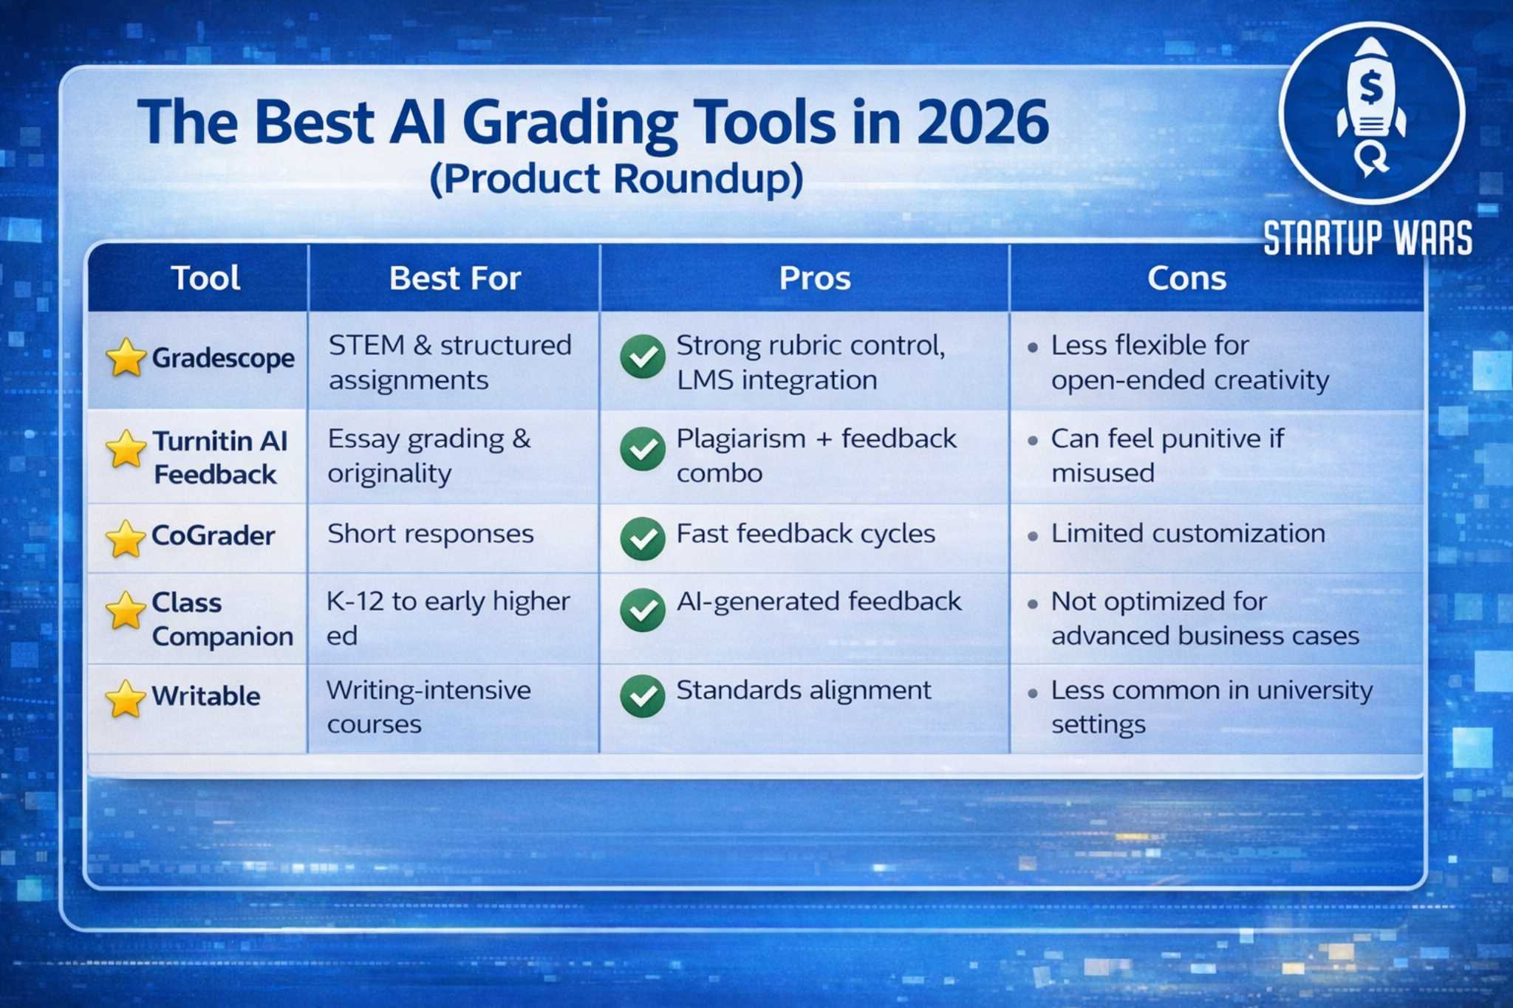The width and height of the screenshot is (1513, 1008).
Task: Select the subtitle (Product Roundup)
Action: (616, 179)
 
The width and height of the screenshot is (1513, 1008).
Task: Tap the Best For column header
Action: (455, 278)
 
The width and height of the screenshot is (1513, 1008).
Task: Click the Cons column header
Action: (1186, 278)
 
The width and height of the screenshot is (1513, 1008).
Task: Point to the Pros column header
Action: (815, 278)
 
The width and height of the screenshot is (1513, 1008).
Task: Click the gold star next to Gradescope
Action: (126, 358)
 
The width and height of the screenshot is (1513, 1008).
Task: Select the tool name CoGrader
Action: (213, 535)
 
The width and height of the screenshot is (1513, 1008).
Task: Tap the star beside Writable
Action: (126, 698)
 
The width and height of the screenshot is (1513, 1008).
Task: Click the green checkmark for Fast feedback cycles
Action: (643, 538)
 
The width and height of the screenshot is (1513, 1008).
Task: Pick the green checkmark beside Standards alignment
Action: (643, 696)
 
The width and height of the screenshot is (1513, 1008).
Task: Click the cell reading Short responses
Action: (430, 534)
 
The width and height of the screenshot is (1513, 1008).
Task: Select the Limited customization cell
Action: (1188, 534)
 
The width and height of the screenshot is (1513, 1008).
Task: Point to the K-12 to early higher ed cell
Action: (448, 618)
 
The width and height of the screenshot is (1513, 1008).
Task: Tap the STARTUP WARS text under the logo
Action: (1367, 238)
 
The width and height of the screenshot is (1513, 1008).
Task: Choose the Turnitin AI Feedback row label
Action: (219, 457)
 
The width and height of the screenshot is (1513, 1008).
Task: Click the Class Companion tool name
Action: (222, 619)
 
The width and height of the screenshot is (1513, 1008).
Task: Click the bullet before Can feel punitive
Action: (1033, 441)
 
